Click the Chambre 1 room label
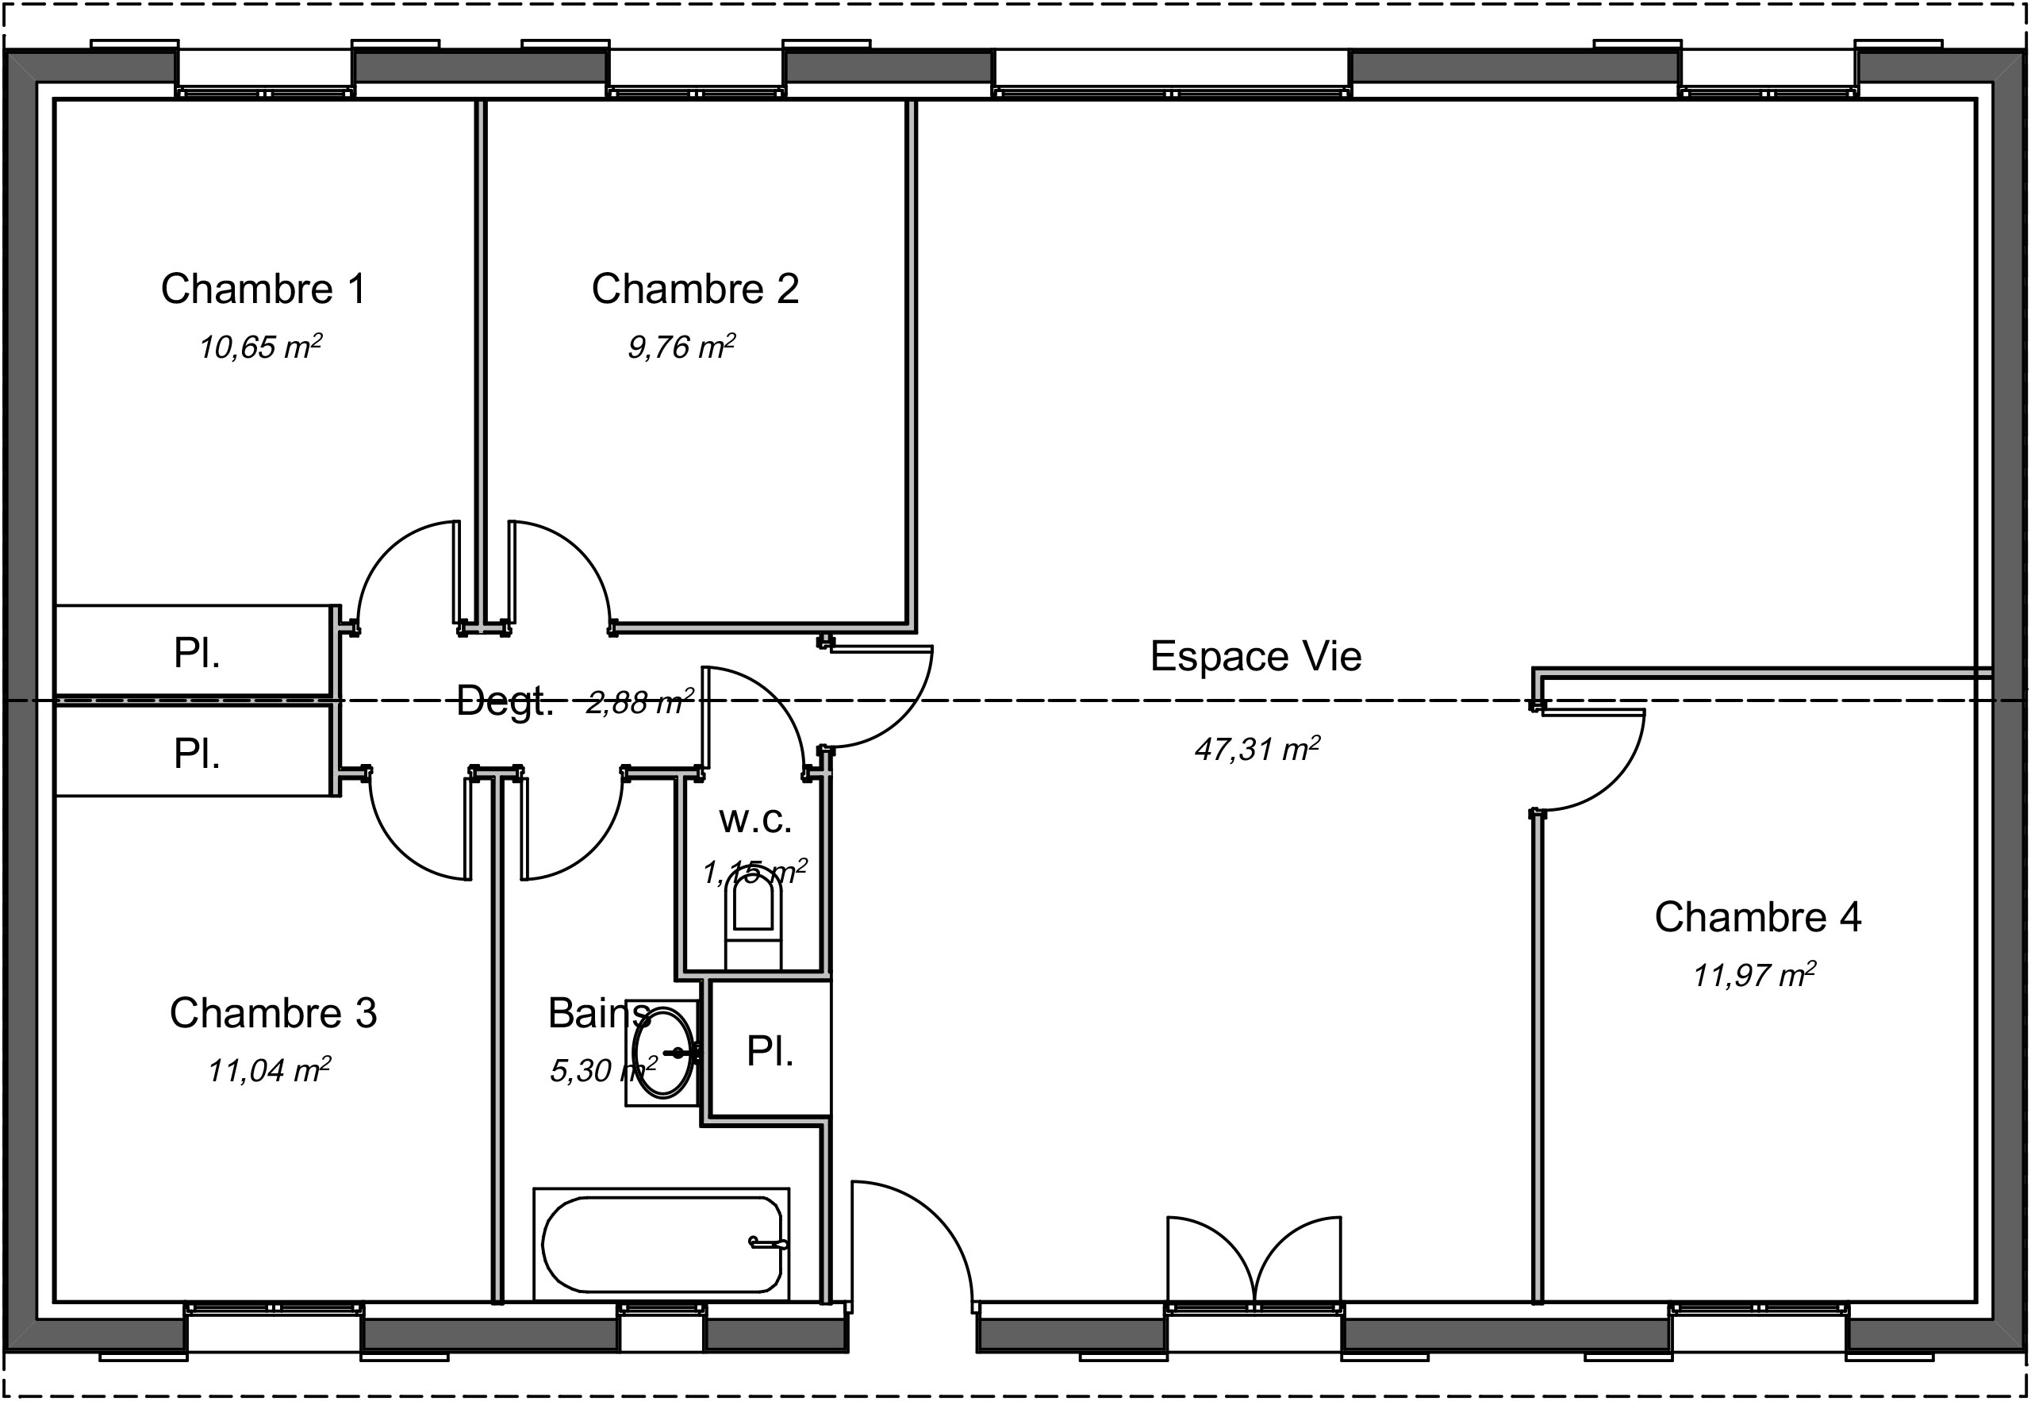coord(263,289)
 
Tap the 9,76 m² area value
coord(681,347)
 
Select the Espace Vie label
coord(1255,657)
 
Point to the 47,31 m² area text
coord(1257,749)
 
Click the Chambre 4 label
coord(1757,917)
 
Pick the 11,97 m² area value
coord(1753,975)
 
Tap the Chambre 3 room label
coord(273,1013)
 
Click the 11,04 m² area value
coord(269,1071)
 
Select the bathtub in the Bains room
coord(662,1244)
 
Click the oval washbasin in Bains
coord(663,1052)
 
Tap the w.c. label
coord(754,819)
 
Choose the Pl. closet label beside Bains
coord(770,1050)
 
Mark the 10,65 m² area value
coord(259,347)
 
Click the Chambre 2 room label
coord(695,289)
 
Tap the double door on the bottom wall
coord(1254,1260)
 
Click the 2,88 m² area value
coord(639,702)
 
